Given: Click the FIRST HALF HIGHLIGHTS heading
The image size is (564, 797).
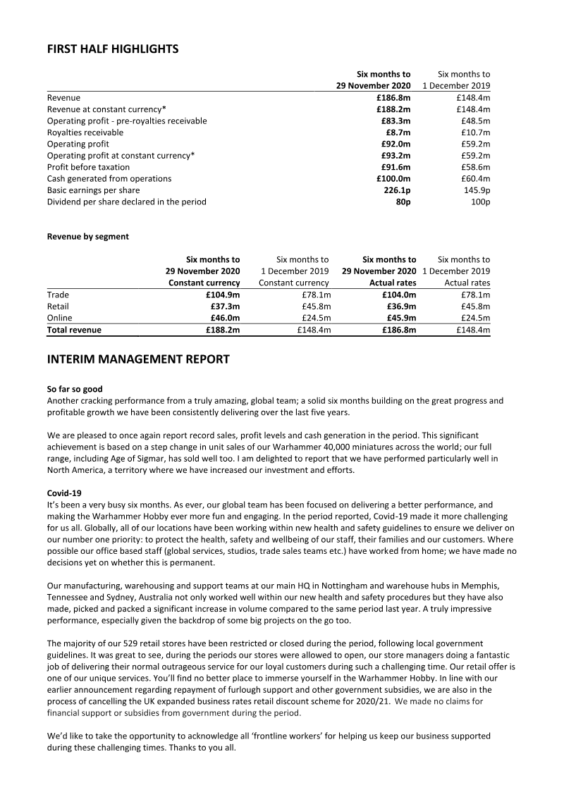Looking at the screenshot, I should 113,49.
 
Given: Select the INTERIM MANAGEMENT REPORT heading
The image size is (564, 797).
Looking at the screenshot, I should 138,359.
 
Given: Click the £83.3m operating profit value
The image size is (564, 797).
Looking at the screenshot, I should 396,121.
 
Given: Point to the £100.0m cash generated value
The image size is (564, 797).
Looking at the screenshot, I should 393,179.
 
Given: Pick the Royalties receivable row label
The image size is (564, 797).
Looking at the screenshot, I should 85,132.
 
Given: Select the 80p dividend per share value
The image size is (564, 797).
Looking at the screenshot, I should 403,202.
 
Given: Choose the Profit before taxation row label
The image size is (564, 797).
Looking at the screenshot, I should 88,167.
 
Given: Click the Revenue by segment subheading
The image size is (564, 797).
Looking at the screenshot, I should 88,237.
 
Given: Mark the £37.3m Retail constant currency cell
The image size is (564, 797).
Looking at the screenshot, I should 225,307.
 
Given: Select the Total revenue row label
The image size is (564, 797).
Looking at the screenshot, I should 74,330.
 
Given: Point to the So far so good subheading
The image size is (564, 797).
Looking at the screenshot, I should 78,390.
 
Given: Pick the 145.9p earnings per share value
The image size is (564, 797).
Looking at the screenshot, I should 477,190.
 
